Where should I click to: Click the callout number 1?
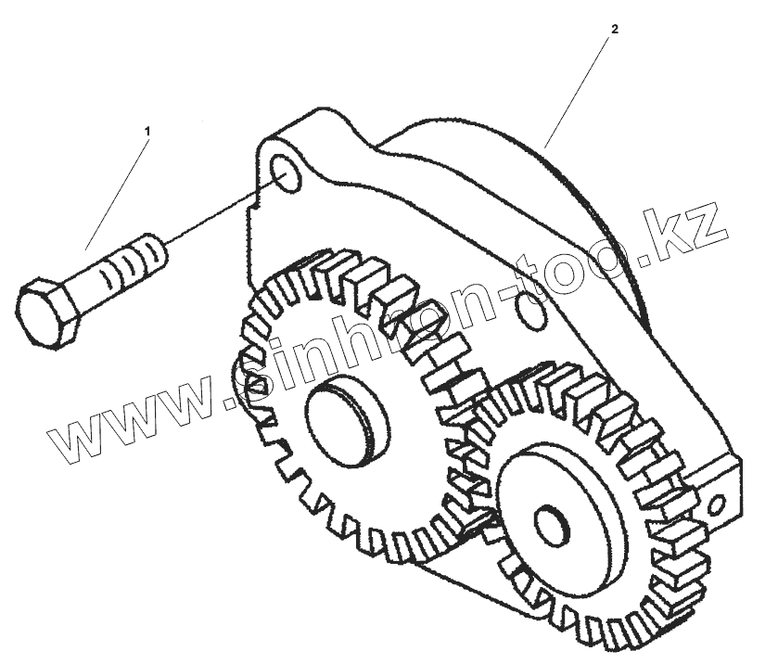click(146, 132)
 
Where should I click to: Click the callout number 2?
click(613, 29)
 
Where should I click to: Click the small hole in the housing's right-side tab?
click(717, 505)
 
